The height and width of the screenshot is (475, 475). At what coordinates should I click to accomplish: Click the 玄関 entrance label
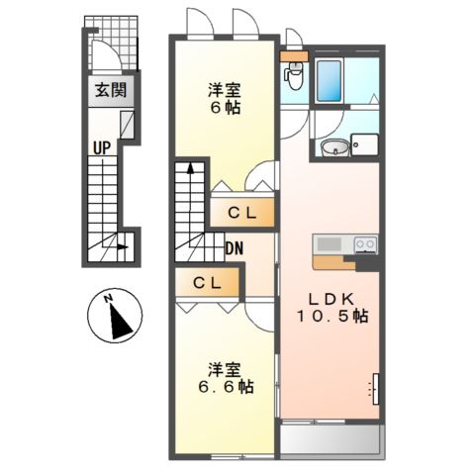click(x=111, y=90)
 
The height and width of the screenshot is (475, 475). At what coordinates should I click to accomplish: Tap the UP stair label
click(x=102, y=147)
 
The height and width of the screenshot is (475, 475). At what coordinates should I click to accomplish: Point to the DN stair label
click(x=235, y=248)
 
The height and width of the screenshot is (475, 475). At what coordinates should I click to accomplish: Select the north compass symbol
click(x=115, y=316)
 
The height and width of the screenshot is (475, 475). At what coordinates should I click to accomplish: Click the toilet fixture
click(x=294, y=76)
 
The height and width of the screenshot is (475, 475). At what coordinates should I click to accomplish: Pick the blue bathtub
click(x=329, y=81)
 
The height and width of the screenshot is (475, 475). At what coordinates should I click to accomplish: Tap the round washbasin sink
click(x=334, y=147)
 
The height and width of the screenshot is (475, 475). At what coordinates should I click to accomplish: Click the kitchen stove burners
click(x=365, y=244)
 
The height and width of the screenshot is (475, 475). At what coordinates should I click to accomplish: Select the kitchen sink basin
click(x=329, y=244)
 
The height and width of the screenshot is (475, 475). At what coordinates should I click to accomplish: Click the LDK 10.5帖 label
click(x=332, y=308)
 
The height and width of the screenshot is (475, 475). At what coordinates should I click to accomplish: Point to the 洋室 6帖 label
click(x=225, y=99)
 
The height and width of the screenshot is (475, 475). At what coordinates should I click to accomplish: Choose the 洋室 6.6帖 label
click(x=226, y=378)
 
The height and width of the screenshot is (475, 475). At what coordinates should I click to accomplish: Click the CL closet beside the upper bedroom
click(x=242, y=213)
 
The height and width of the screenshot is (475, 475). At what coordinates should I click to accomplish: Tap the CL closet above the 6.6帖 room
click(x=207, y=282)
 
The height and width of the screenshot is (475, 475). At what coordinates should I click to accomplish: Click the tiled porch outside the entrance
click(x=112, y=43)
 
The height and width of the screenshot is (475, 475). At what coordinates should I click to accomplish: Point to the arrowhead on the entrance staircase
click(x=123, y=246)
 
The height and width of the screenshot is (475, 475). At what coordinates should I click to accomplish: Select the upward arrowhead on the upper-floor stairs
click(x=190, y=168)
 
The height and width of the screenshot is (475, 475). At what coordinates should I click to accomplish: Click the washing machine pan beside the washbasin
click(x=364, y=144)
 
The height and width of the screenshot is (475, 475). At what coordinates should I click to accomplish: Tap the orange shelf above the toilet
click(x=294, y=56)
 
